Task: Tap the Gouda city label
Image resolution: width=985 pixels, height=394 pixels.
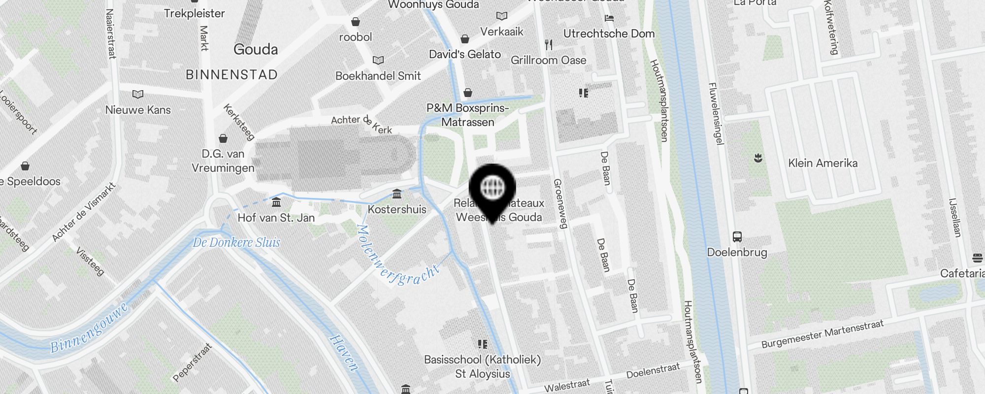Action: (x=256, y=49)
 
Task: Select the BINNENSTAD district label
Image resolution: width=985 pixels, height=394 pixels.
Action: (x=231, y=75)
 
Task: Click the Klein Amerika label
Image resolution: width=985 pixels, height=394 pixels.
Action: (x=822, y=163)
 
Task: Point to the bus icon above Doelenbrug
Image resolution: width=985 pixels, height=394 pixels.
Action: (x=737, y=237)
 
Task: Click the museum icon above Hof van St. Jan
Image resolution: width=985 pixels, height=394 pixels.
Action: (x=276, y=202)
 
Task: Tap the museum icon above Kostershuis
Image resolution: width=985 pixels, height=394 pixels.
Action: (x=397, y=194)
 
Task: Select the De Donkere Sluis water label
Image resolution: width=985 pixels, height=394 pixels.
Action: (x=236, y=242)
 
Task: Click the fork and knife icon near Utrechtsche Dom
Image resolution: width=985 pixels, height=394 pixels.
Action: (x=549, y=45)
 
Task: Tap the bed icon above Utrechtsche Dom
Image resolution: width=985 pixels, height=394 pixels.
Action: (x=609, y=18)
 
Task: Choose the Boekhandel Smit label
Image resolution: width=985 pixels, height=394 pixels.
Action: (x=378, y=76)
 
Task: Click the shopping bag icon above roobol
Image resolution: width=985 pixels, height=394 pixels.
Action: (x=355, y=22)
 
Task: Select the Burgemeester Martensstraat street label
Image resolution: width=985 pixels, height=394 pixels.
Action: (x=822, y=333)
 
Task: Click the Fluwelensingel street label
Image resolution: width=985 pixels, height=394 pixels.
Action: (x=716, y=113)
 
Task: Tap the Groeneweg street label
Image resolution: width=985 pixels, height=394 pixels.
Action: (x=560, y=203)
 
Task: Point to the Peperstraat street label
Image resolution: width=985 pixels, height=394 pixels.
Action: (x=193, y=362)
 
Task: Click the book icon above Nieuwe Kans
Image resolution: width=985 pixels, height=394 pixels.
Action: (x=138, y=94)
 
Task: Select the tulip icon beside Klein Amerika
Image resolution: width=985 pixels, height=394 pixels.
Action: (x=758, y=158)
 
